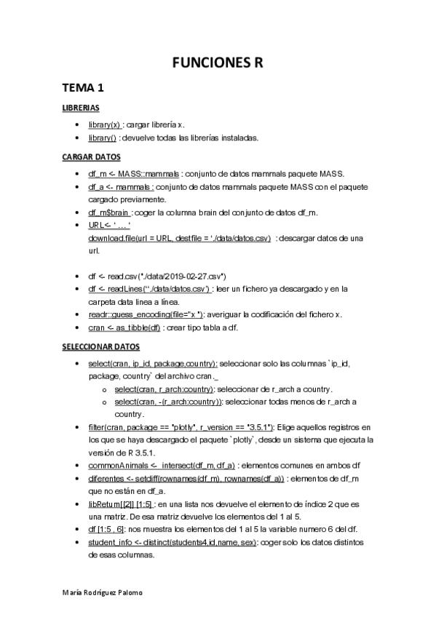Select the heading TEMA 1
[84, 89]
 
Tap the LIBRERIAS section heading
[80, 108]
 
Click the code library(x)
[104, 124]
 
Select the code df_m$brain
[109, 212]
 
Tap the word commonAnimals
[117, 465]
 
